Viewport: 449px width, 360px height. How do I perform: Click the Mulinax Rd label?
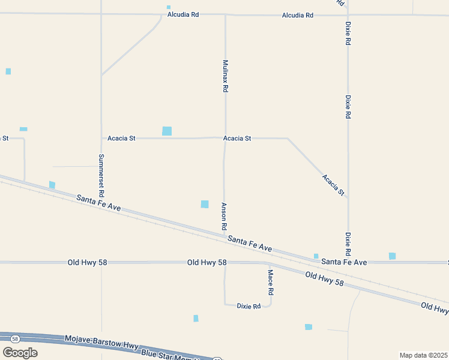pos(225,75)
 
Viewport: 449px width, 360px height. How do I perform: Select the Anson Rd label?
pos(223,217)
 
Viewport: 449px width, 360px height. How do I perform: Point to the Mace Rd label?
pos(271,282)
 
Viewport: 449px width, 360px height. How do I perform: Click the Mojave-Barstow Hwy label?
pos(101,341)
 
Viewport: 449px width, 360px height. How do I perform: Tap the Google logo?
pos(20,352)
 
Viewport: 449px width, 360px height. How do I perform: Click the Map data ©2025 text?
pos(424,355)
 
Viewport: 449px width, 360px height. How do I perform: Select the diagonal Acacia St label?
pos(333,185)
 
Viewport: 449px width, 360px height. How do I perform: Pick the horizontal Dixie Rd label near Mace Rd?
pos(249,306)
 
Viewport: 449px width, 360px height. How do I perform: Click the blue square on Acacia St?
pos(167,131)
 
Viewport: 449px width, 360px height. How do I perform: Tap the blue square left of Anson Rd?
pos(205,204)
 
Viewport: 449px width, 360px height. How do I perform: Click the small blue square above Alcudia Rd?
pos(169,7)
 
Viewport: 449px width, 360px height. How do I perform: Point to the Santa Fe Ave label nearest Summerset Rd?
pos(98,203)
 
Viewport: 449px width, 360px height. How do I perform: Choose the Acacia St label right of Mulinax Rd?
pos(237,138)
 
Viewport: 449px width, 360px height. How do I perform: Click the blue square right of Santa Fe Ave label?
pos(392,256)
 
